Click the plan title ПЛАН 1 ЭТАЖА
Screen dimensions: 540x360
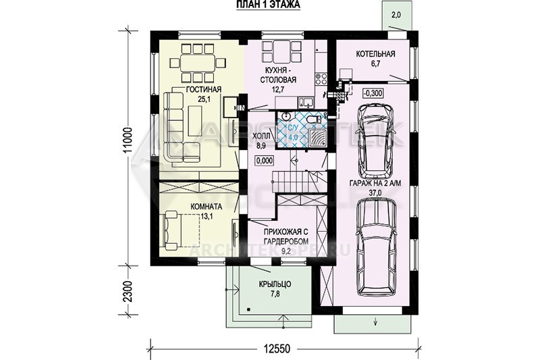[268, 4]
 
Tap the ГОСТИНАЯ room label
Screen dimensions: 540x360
[203, 90]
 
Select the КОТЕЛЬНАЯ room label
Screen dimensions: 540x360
[376, 54]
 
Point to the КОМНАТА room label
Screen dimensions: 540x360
[207, 207]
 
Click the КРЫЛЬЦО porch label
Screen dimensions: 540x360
[275, 284]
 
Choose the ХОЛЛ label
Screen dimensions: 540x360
[261, 136]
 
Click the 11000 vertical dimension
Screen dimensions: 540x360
[128, 143]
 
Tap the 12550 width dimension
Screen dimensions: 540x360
[277, 349]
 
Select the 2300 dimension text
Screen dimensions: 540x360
[128, 292]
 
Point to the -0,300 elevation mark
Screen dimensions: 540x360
[373, 93]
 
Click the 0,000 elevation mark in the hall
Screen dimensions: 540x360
[265, 160]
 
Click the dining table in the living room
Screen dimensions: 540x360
[197, 63]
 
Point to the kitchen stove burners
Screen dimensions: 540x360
[321, 79]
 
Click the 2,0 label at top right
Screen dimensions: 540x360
[396, 15]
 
